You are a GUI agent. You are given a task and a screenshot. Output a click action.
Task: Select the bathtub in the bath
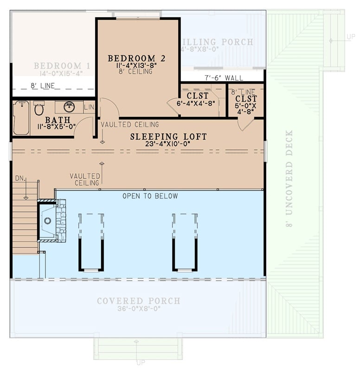[21, 118]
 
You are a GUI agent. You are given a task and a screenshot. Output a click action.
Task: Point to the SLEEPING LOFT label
[168, 137]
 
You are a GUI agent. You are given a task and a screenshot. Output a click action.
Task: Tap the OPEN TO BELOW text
[150, 196]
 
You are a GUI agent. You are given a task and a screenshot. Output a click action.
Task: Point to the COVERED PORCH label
[138, 301]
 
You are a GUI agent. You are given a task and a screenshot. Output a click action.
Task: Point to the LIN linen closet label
[89, 108]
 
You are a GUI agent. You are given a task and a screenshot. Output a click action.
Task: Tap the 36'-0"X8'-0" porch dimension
[138, 309]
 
